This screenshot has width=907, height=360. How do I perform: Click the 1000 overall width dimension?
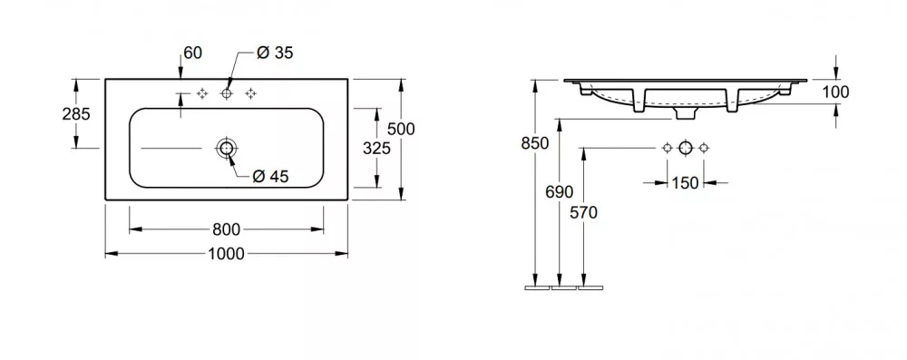coord(226,254)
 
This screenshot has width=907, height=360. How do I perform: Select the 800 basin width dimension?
coord(226,229)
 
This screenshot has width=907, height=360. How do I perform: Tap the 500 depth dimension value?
coord(401,129)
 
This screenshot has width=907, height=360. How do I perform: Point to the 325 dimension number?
coord(376,149)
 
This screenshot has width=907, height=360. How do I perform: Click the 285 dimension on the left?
coord(76,114)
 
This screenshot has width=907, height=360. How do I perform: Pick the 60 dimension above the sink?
coord(192,53)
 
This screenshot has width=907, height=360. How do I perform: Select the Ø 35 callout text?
coord(275,53)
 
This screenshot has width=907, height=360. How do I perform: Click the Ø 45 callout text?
coord(270,177)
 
